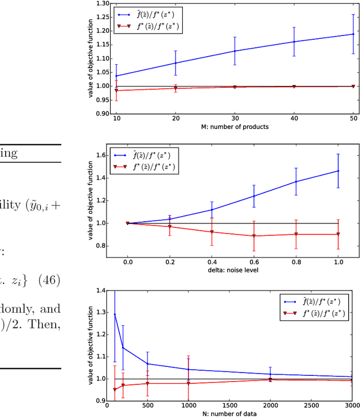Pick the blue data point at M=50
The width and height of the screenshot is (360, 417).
353,34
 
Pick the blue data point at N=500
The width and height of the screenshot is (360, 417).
148,364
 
